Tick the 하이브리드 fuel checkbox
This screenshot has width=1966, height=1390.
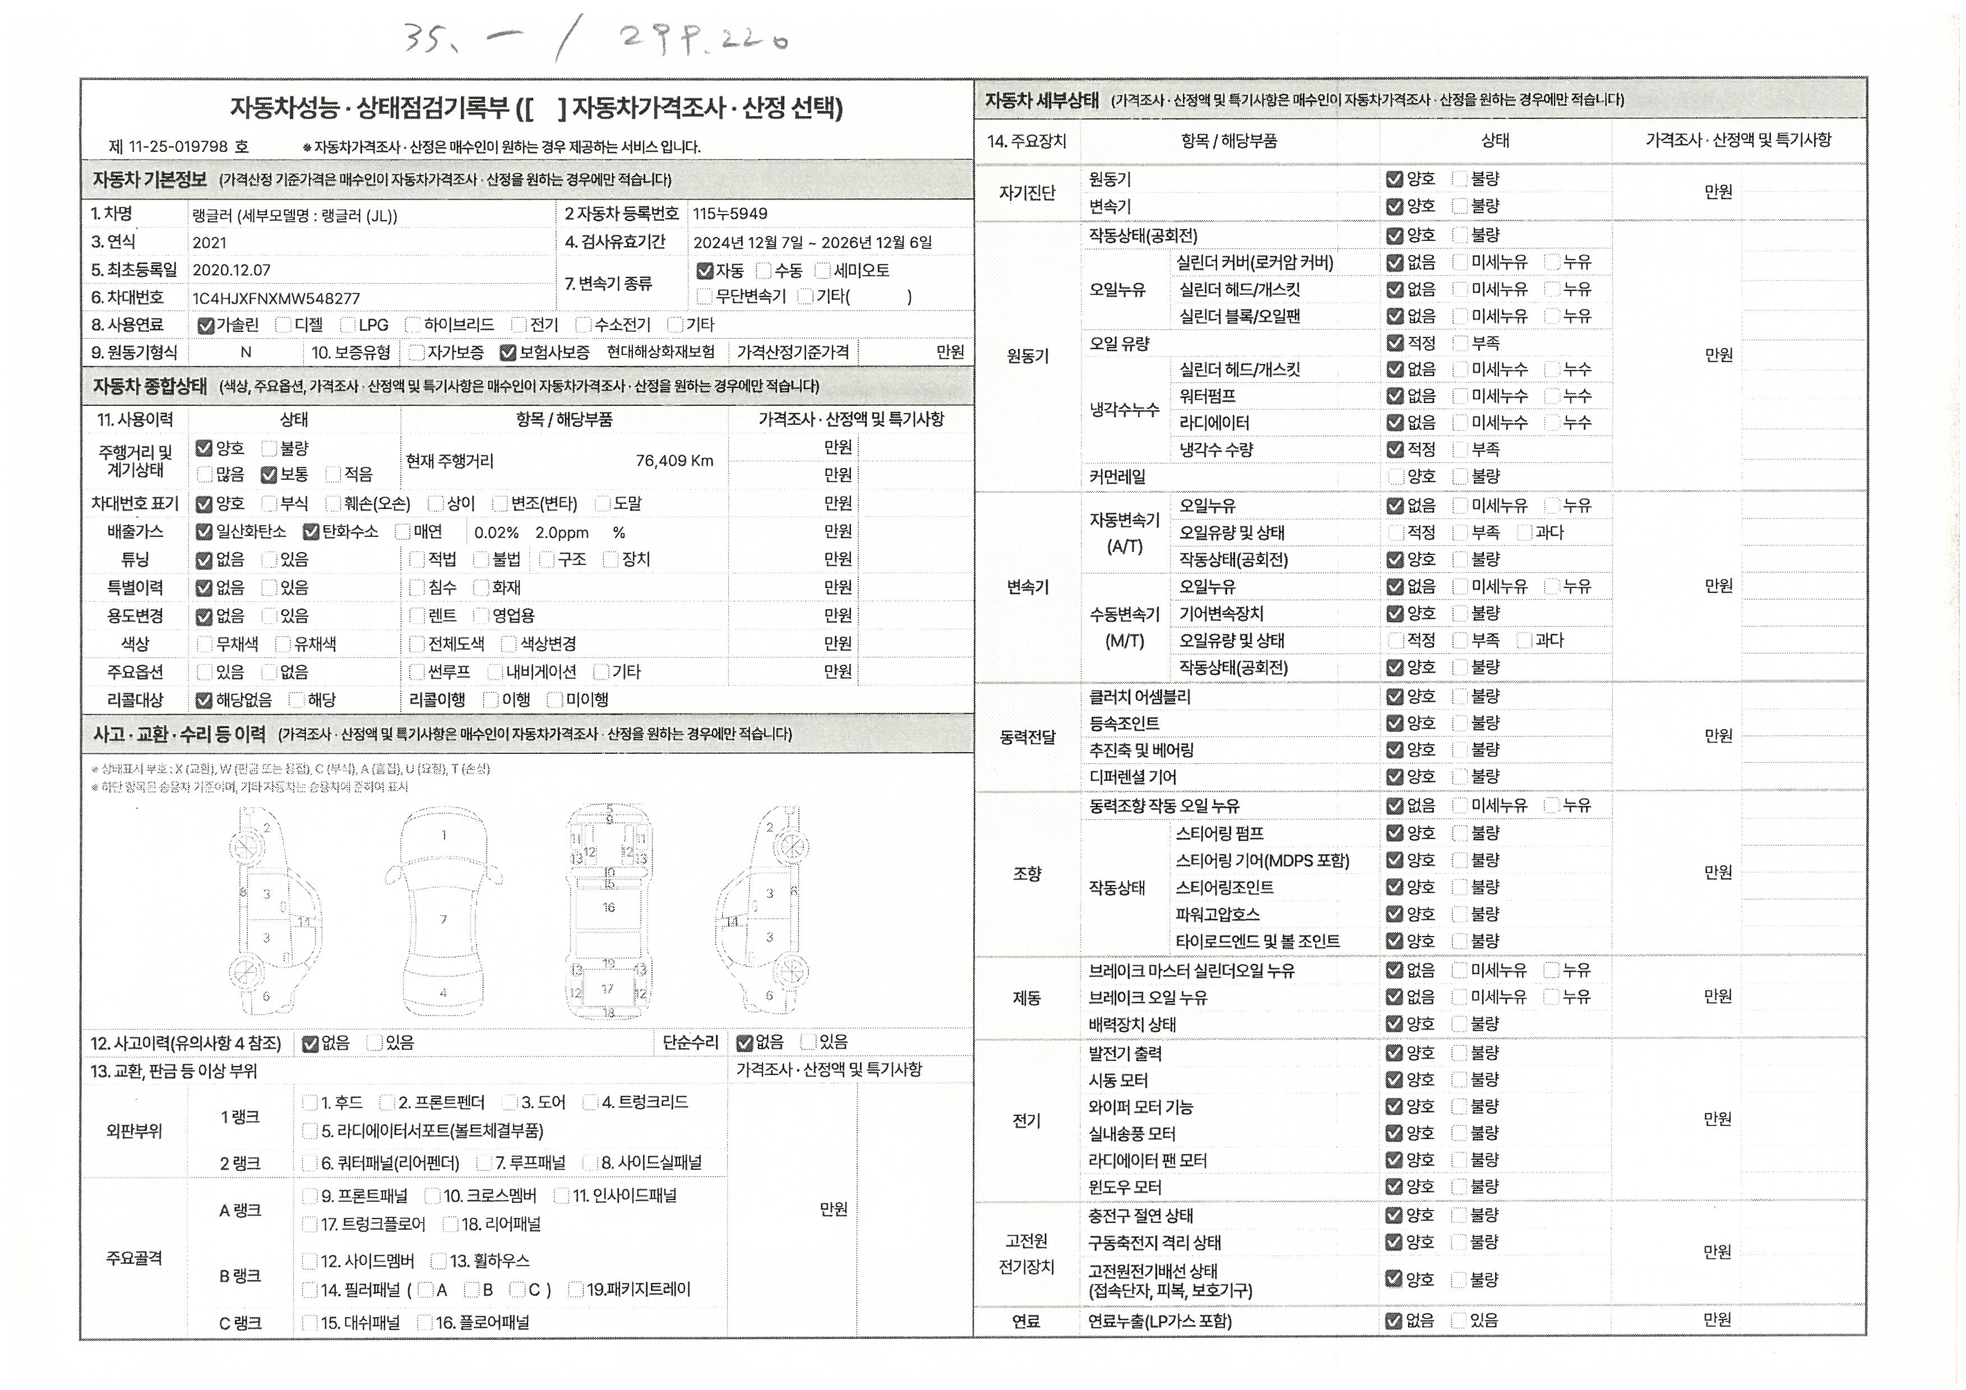(x=413, y=325)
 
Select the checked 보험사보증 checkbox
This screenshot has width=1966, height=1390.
(x=508, y=353)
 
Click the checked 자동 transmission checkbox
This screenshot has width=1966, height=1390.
(x=705, y=271)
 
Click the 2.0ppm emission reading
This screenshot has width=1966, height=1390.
(x=562, y=532)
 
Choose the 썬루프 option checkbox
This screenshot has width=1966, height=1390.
(x=417, y=673)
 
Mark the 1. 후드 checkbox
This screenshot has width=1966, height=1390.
(x=310, y=1103)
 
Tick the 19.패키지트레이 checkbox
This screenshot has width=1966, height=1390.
(x=576, y=1290)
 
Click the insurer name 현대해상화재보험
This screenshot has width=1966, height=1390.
(x=660, y=353)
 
